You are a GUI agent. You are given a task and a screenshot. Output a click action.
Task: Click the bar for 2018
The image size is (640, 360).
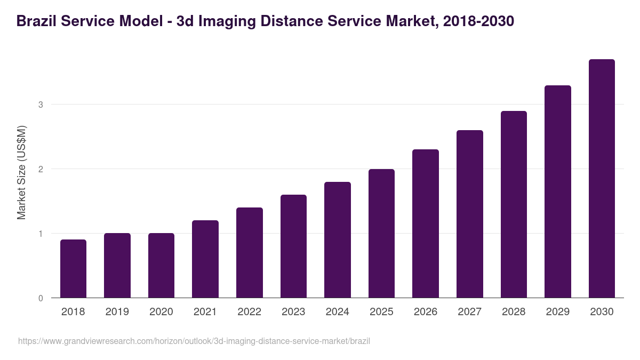tap(73, 269)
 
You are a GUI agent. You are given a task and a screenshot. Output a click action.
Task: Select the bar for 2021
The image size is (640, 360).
tap(205, 259)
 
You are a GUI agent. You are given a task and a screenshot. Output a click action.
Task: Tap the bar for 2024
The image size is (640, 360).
tap(338, 240)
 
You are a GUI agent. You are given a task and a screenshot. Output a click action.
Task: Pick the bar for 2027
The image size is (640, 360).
tap(470, 214)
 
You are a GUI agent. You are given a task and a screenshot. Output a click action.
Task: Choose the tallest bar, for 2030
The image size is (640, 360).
tap(602, 179)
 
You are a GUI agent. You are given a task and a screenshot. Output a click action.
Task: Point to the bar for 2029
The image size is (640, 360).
tap(558, 191)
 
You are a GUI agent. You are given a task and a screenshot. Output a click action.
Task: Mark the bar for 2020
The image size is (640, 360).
tap(161, 266)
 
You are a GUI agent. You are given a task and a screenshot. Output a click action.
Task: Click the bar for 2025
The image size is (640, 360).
tap(381, 234)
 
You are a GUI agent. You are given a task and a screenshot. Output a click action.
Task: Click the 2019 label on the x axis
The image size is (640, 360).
tap(117, 312)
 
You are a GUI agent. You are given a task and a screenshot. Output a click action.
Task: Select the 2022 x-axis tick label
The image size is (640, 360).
tap(249, 312)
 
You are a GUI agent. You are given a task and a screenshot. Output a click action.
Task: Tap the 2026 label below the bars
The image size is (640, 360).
tap(426, 312)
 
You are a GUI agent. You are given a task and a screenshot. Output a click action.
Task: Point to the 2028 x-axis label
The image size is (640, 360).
tap(514, 312)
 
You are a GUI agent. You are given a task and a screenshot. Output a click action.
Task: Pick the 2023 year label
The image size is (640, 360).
tap(293, 312)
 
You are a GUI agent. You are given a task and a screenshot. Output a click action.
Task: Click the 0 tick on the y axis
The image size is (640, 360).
tap(41, 298)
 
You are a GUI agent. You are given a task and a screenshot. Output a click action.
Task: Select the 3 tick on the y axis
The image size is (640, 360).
tap(41, 105)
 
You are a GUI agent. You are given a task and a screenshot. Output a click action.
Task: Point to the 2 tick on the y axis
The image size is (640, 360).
tap(41, 169)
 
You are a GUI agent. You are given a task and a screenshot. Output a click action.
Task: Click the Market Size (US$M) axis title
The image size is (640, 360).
tap(21, 172)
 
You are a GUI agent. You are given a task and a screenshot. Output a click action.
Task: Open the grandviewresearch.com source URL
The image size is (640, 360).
tap(194, 341)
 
